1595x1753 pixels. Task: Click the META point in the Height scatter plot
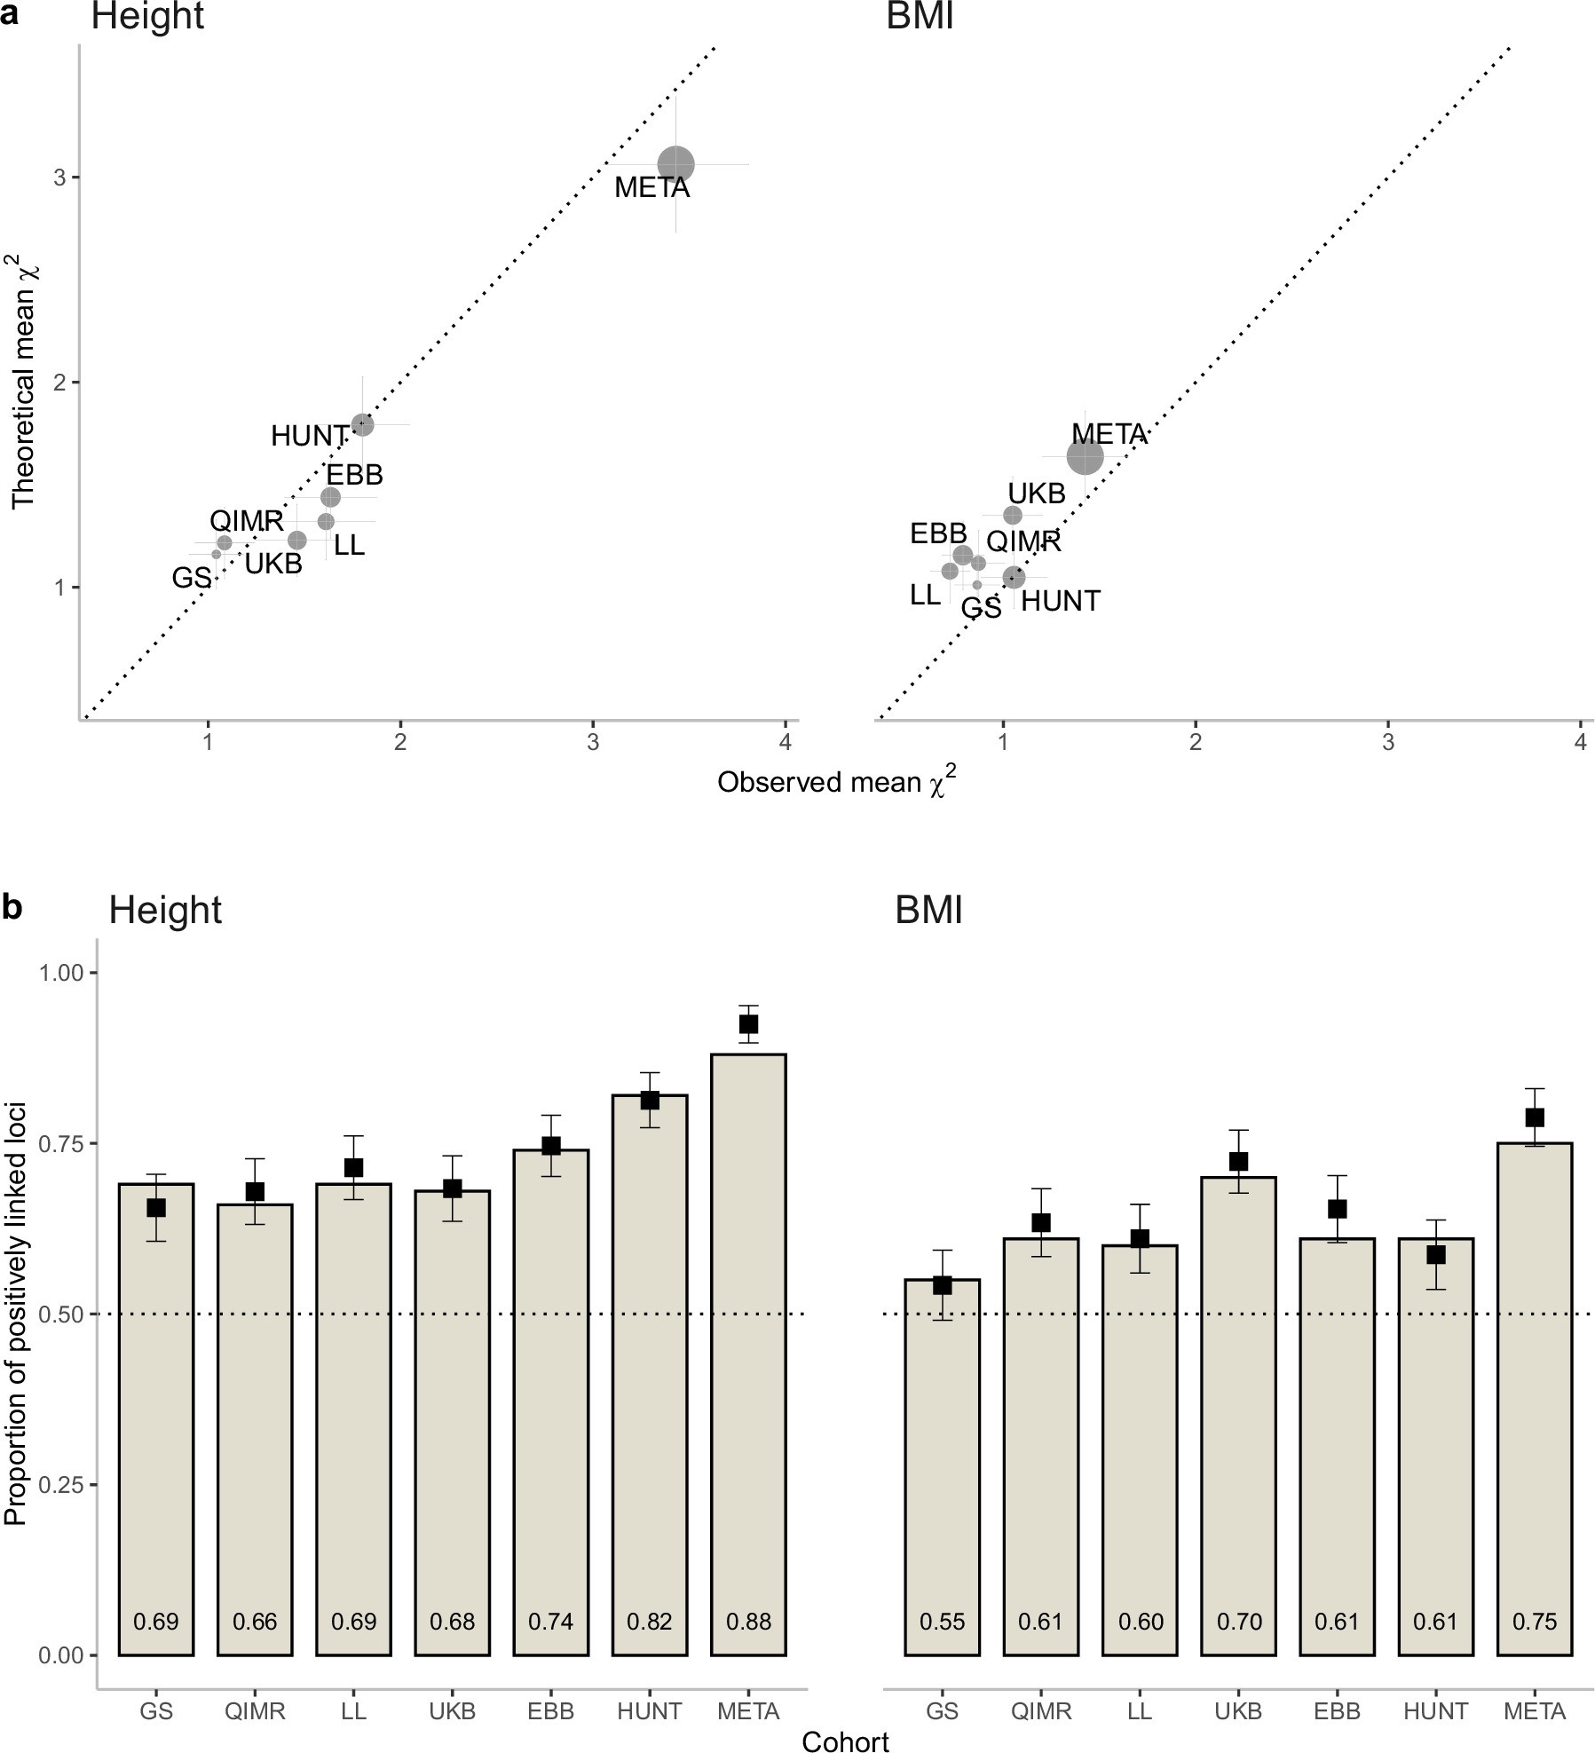[676, 164]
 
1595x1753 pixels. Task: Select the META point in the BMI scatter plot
[1085, 457]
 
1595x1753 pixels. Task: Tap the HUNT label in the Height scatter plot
[309, 436]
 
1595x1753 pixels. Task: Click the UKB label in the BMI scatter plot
[1036, 494]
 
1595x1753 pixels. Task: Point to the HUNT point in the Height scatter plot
[362, 424]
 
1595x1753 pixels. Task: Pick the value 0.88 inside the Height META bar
[748, 1622]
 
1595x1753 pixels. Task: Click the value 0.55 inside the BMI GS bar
[942, 1622]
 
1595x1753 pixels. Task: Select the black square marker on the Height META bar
[748, 1024]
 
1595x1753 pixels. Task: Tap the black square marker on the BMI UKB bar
[1238, 1162]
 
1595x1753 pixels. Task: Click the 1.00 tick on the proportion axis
[61, 973]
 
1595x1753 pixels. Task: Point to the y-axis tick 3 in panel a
[59, 178]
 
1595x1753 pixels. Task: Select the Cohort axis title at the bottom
[844, 1741]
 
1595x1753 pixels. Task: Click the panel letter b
[12, 908]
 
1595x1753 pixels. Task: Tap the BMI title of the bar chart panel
[928, 911]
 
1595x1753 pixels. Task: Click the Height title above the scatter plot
[147, 17]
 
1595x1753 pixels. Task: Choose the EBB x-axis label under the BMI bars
[1337, 1710]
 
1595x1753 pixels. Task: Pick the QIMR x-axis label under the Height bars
[255, 1710]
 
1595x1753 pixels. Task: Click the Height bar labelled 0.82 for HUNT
[650, 1376]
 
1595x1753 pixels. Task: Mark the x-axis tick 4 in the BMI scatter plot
[1580, 741]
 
